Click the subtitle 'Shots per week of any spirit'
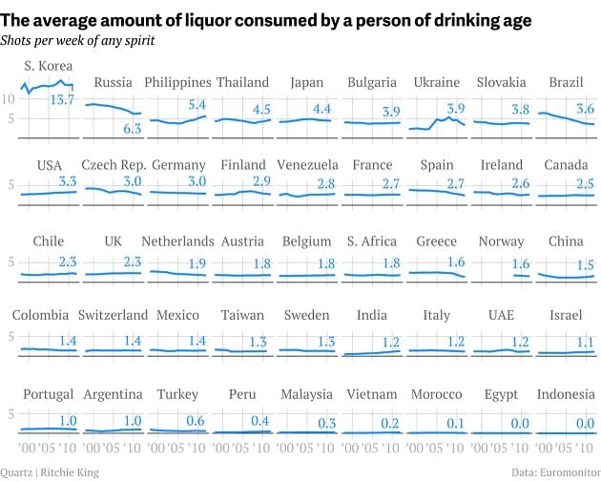click(x=77, y=40)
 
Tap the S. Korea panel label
click(x=49, y=66)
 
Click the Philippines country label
click(x=178, y=82)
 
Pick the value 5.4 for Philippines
click(x=197, y=105)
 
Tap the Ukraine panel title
click(x=438, y=82)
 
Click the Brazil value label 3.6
click(x=585, y=109)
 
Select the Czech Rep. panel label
click(x=113, y=165)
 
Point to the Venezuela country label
click(x=307, y=165)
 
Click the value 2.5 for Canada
click(x=585, y=182)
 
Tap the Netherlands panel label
click(x=178, y=241)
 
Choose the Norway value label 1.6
click(x=520, y=264)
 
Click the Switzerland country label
click(x=113, y=315)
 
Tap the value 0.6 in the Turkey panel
click(x=195, y=421)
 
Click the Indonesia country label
click(x=566, y=394)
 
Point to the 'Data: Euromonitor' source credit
click(x=552, y=472)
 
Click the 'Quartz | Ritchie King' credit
click(x=50, y=472)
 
